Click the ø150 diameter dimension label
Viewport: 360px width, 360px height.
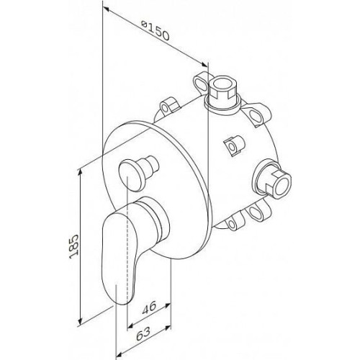coord(156,31)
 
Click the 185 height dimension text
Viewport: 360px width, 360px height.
coord(73,246)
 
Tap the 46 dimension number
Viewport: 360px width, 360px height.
coord(149,307)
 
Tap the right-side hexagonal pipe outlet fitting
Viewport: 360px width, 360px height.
coord(274,179)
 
